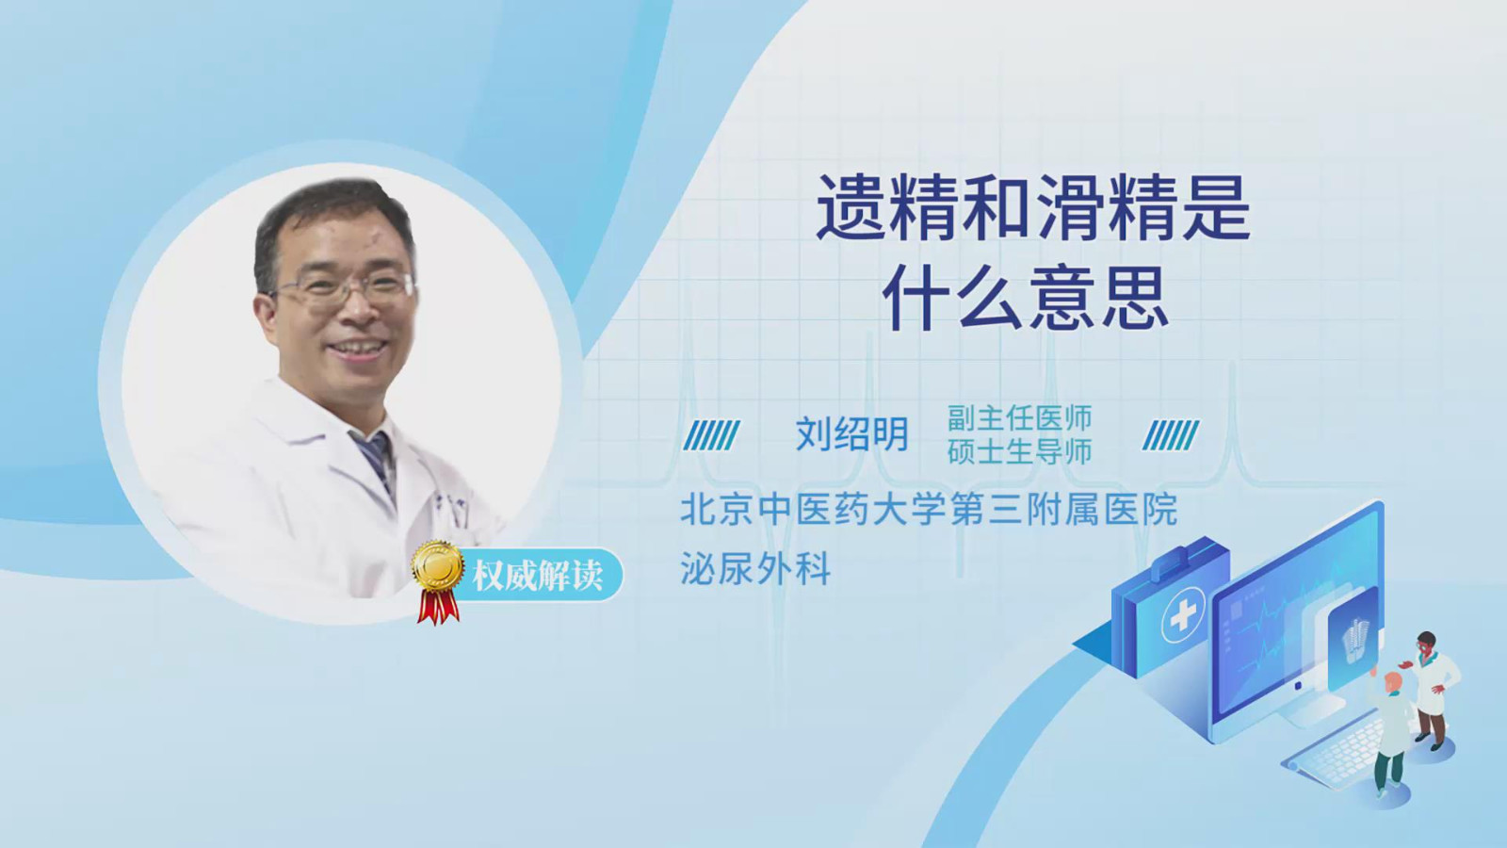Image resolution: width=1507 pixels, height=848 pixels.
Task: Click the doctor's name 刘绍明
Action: (852, 433)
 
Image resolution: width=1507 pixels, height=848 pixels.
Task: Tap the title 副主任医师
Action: (1019, 418)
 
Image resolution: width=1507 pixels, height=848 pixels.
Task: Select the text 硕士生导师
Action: (1019, 451)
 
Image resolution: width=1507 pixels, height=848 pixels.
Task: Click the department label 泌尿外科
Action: (755, 569)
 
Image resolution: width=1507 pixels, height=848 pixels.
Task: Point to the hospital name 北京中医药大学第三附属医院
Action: (929, 509)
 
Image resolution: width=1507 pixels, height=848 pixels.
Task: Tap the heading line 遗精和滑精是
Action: (1033, 208)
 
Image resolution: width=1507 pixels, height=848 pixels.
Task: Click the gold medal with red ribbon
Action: (438, 581)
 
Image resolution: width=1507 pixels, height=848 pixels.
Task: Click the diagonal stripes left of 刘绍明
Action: (712, 435)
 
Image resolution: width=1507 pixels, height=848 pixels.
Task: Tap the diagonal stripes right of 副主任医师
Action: (1171, 435)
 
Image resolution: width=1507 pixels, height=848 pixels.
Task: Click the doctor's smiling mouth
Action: (357, 348)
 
